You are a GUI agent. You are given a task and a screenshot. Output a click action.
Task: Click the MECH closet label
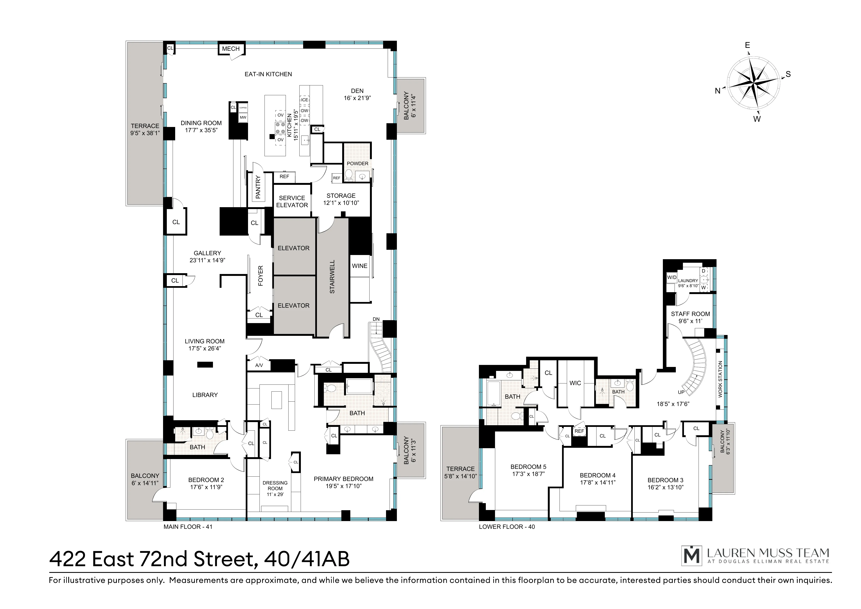[x=231, y=49]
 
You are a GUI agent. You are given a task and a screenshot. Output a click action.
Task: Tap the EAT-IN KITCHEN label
[x=268, y=74]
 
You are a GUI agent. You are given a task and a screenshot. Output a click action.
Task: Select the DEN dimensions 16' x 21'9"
[x=357, y=98]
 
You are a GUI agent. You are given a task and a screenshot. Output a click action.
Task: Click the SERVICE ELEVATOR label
[x=292, y=202]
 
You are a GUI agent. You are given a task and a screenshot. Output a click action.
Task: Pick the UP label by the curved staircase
[x=681, y=392]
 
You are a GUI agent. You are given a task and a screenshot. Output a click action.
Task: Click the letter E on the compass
[x=747, y=45]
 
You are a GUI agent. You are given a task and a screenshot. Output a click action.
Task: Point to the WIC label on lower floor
[x=575, y=383]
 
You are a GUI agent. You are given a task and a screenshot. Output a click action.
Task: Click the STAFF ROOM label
[x=690, y=314]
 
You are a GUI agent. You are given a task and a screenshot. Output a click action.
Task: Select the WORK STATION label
[x=720, y=379]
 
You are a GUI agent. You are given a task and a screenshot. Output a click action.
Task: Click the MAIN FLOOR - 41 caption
[x=188, y=527]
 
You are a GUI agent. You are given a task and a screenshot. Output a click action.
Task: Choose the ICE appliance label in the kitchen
[x=304, y=100]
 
